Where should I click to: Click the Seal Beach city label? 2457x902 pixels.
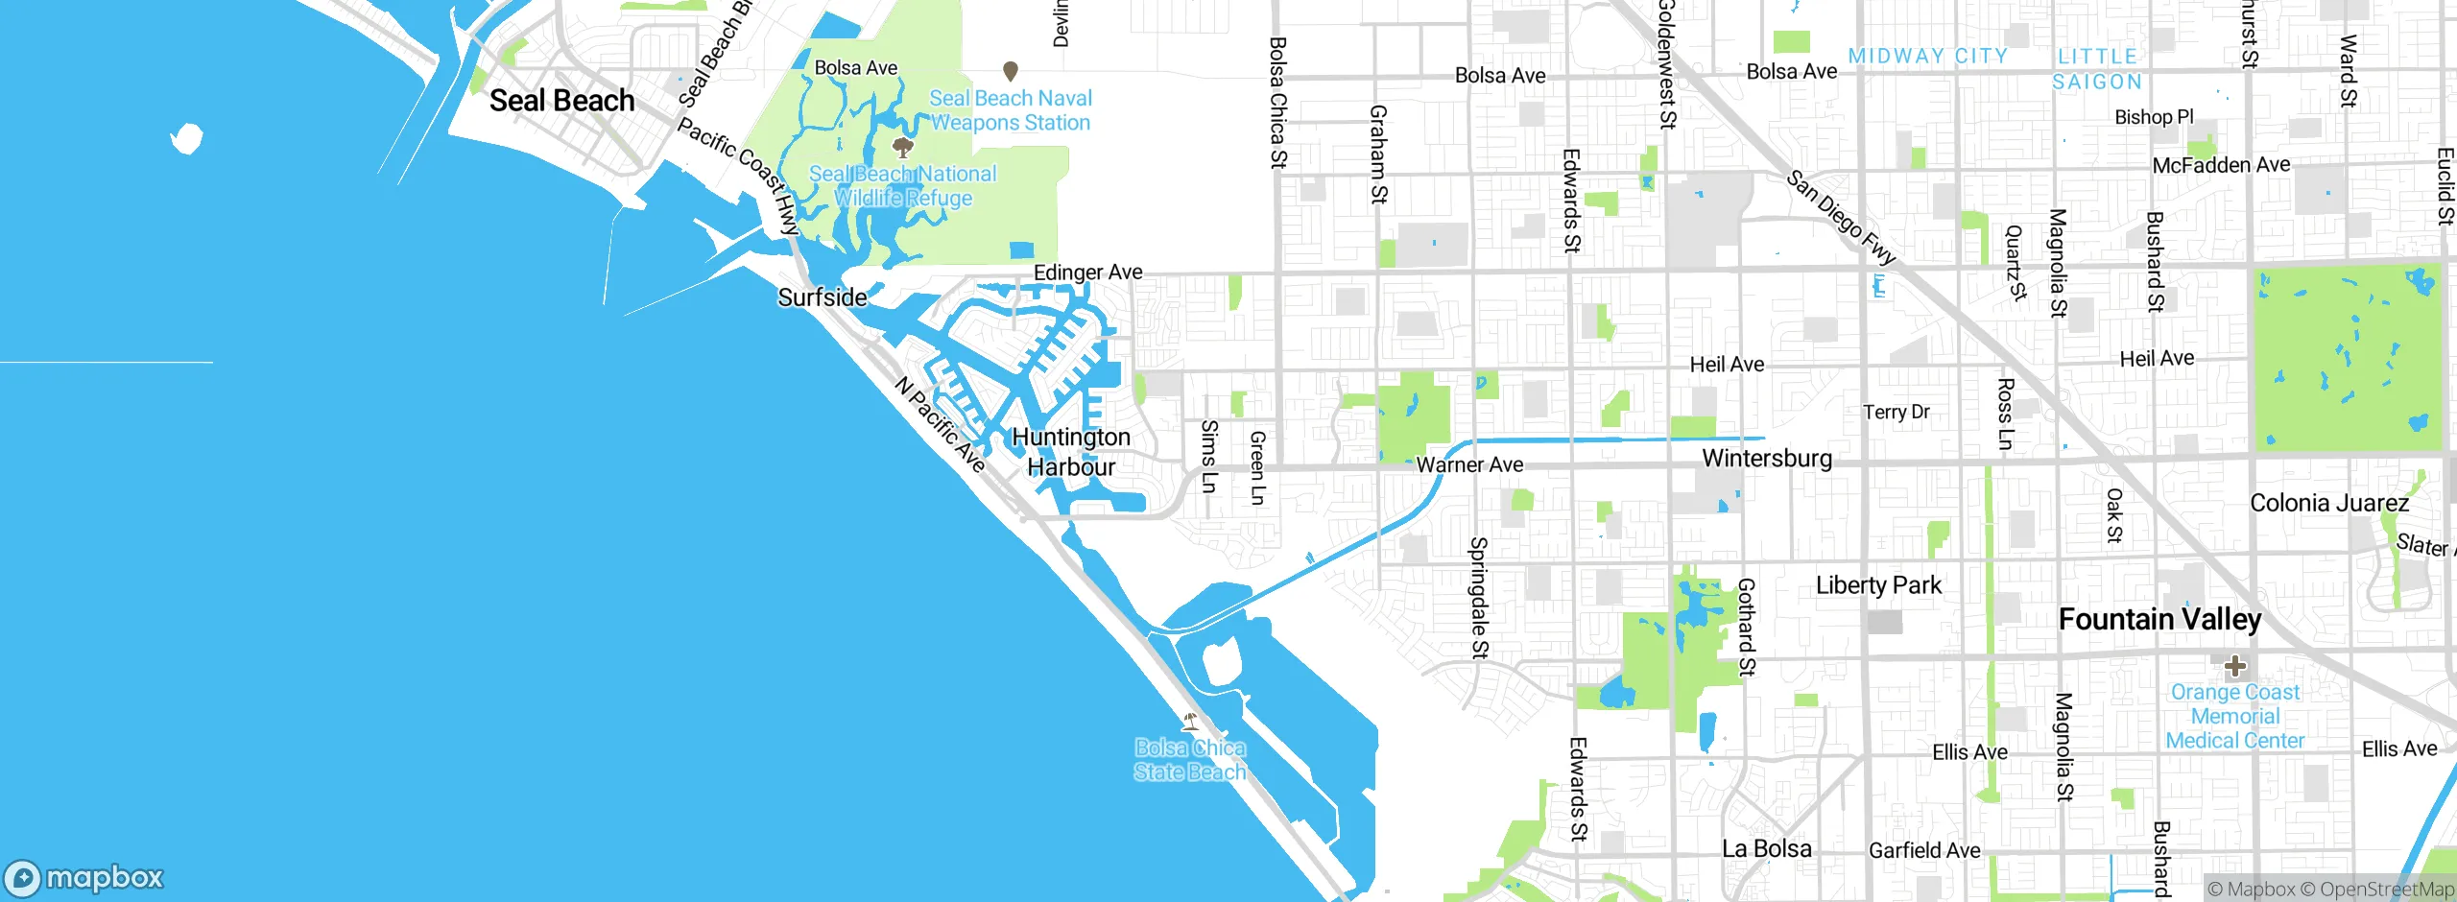coord(561,101)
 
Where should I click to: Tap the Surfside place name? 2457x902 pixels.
coord(823,297)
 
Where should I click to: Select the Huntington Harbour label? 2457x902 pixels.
coord(1071,452)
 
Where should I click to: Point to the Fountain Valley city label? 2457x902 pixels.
coord(2159,620)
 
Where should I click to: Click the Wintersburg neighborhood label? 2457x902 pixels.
coord(1767,459)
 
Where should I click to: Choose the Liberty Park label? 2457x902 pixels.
coord(1878,585)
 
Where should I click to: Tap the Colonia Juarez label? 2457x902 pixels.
coord(2329,504)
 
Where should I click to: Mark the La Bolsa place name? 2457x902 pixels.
coord(1767,848)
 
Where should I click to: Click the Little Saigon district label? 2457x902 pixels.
coord(2097,69)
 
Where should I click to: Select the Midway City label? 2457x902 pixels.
coord(1928,57)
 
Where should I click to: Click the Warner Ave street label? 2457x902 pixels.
coord(1469,465)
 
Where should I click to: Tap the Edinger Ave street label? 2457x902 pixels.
coord(1087,273)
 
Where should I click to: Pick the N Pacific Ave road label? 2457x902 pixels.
coord(941,424)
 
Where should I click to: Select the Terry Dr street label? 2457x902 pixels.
coord(1896,412)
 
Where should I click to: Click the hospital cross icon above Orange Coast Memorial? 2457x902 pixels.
coord(2234,665)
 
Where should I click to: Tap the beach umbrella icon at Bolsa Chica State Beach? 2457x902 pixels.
coord(1190,721)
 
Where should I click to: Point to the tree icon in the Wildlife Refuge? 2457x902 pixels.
coord(902,147)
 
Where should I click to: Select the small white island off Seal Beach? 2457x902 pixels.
coord(187,138)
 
